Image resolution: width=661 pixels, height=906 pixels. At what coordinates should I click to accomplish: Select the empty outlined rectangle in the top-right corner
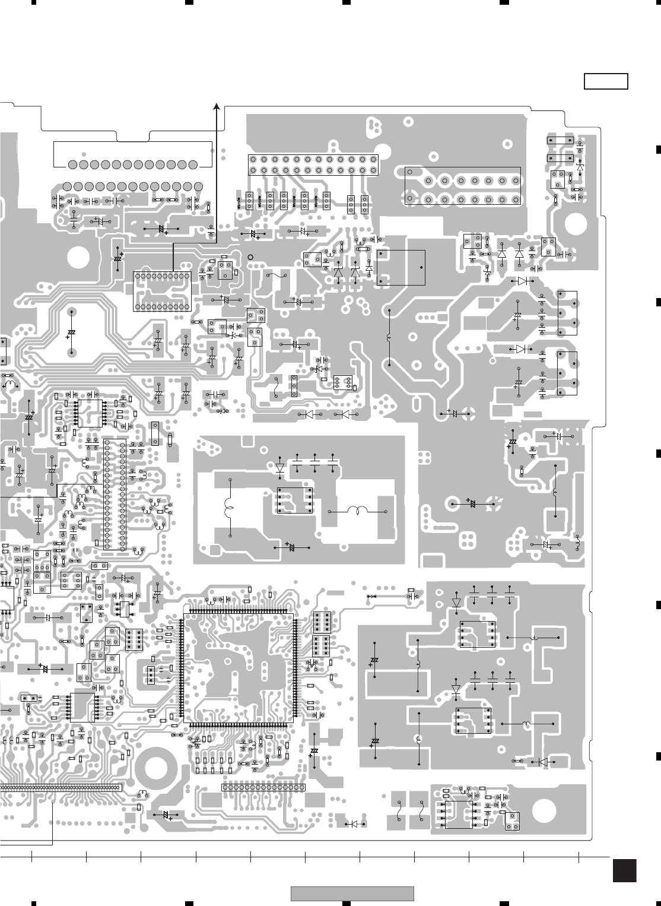click(x=606, y=81)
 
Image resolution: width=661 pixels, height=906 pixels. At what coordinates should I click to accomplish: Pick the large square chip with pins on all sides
click(x=237, y=667)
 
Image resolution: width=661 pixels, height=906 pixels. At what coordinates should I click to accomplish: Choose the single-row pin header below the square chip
click(x=263, y=787)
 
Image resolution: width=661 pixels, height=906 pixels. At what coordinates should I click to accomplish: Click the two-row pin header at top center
click(x=313, y=164)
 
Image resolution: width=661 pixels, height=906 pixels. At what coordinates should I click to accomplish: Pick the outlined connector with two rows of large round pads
click(x=463, y=186)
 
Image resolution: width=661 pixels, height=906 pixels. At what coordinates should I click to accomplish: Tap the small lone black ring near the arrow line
click(x=250, y=257)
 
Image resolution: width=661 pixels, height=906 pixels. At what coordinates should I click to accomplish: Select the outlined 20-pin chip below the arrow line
click(x=162, y=291)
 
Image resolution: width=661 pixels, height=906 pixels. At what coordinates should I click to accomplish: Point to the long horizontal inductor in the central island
click(x=358, y=511)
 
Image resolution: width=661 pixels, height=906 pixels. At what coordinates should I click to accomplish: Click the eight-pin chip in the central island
click(x=294, y=500)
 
